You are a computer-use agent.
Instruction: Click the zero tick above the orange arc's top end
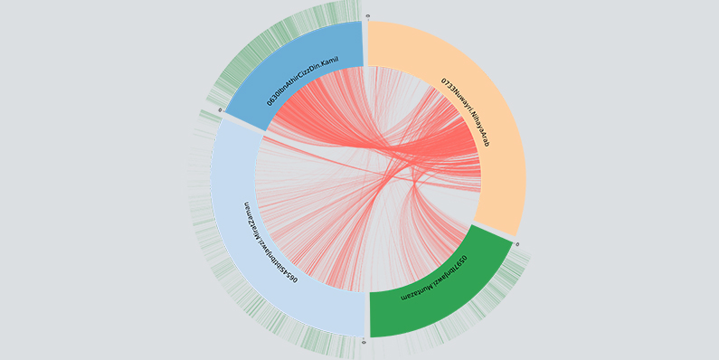point(367,16)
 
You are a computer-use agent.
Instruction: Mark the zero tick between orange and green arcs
point(516,243)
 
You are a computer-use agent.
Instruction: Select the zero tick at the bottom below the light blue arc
point(364,342)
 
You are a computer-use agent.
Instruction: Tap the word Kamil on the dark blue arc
point(336,63)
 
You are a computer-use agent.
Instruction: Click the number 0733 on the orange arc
point(448,86)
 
